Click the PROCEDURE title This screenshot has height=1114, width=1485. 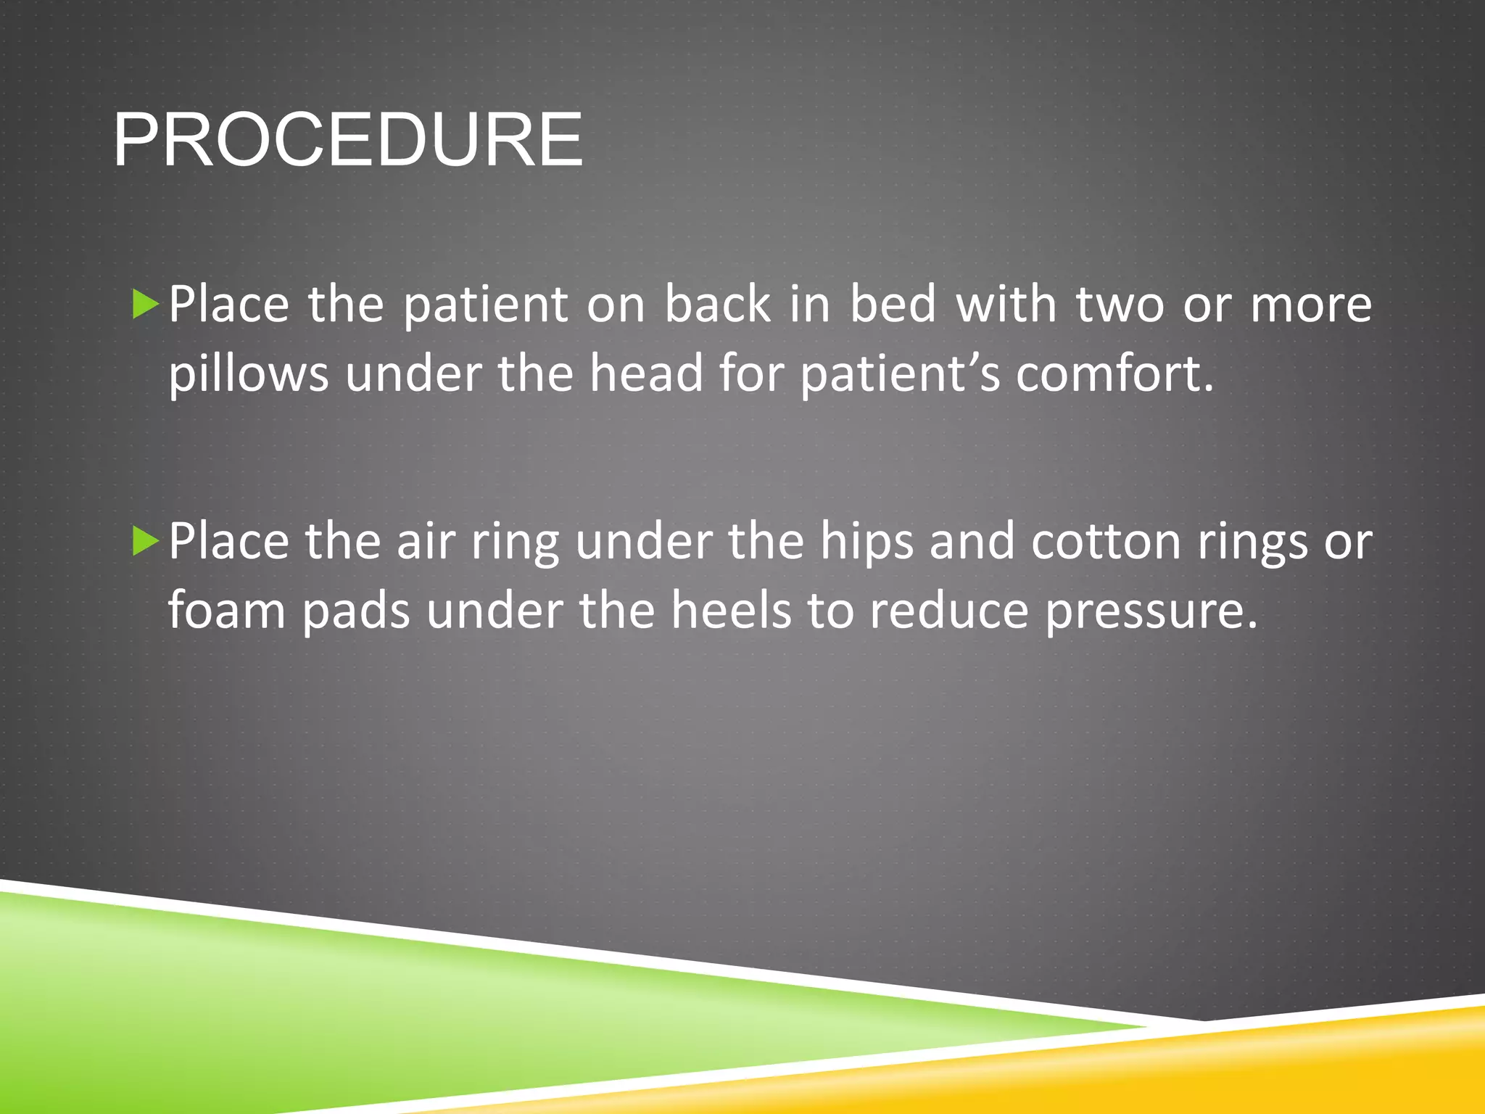point(348,139)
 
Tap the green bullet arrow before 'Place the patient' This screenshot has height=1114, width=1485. point(145,305)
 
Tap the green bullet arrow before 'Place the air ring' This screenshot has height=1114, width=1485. point(145,542)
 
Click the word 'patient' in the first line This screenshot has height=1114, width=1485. point(485,305)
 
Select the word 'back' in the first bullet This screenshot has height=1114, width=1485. point(717,305)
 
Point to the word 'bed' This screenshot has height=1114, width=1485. point(893,305)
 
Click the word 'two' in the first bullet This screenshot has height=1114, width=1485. point(1120,305)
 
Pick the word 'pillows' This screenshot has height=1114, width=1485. point(248,375)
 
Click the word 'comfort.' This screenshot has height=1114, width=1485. point(1114,374)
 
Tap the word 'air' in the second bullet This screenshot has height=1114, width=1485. point(426,542)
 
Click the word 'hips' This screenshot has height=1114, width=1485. point(866,543)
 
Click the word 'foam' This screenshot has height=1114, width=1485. point(227,611)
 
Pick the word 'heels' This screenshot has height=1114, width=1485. point(730,611)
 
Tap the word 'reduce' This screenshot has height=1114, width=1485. point(949,611)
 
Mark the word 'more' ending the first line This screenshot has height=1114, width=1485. point(1311,305)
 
